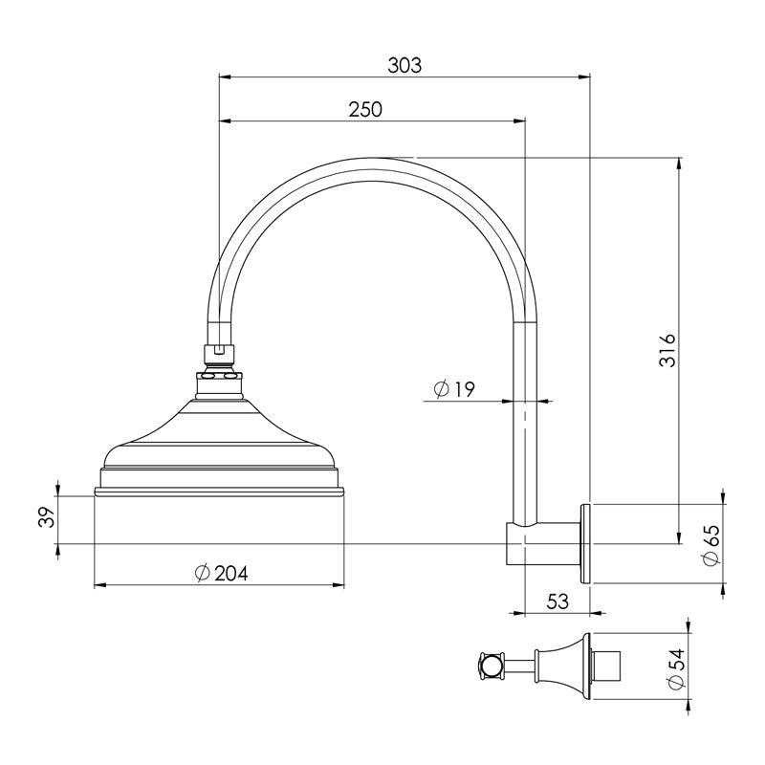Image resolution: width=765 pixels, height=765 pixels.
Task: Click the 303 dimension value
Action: tap(404, 65)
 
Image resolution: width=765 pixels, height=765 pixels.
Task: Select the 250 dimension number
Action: tap(364, 109)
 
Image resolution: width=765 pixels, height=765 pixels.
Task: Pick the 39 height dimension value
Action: tap(44, 519)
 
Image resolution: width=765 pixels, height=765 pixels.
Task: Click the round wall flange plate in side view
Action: tap(585, 541)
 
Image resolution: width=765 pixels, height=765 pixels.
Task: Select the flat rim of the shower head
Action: tap(219, 492)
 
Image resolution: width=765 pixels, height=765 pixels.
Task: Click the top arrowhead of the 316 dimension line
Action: tap(679, 164)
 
